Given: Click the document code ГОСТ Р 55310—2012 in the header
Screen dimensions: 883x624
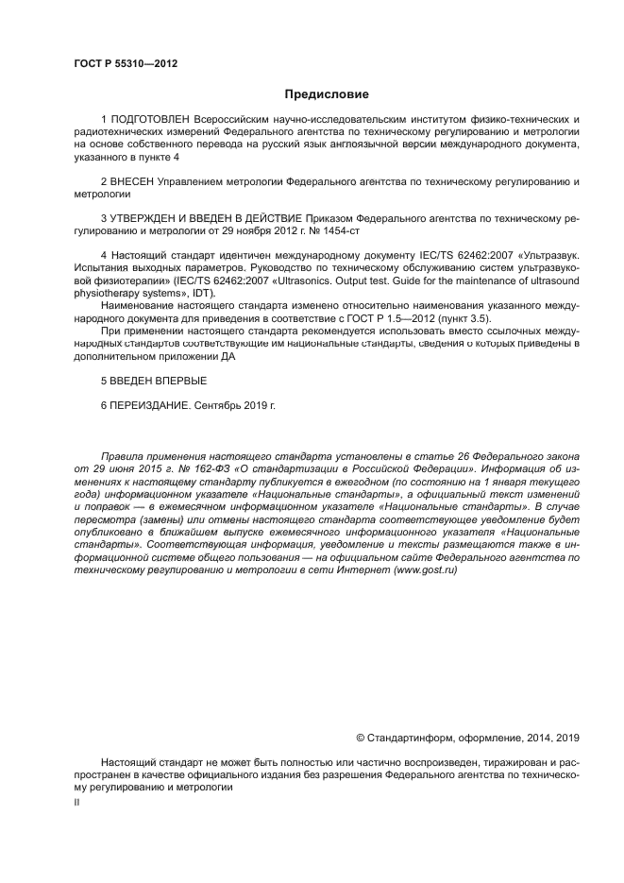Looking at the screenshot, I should point(125,64).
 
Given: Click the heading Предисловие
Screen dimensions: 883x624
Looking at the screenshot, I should point(326,94).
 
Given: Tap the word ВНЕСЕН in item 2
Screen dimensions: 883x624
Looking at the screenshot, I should point(133,179).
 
